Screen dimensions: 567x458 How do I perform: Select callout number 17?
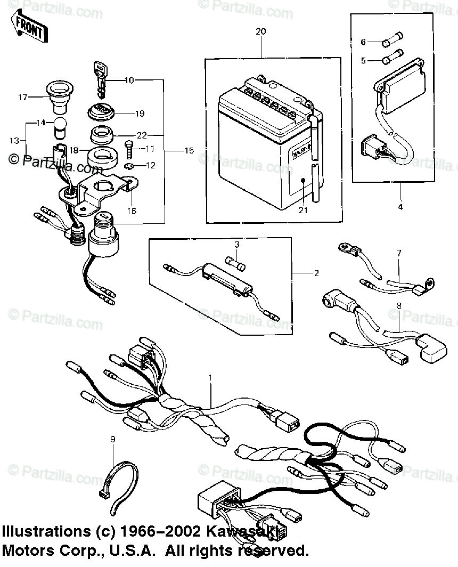tap(22, 97)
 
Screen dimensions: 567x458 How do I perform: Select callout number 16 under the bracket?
tap(132, 211)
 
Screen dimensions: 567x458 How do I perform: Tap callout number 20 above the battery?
tap(260, 32)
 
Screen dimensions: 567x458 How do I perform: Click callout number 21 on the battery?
tap(303, 210)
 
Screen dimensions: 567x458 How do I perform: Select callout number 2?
tap(316, 273)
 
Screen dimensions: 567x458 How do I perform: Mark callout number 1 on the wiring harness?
tap(210, 378)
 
